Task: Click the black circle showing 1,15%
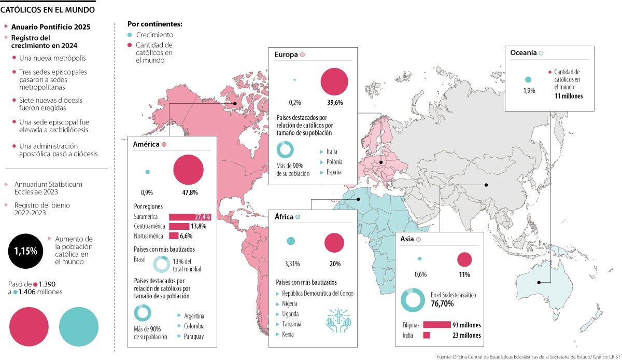click(26, 251)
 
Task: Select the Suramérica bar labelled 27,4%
click(189, 217)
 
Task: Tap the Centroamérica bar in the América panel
click(179, 226)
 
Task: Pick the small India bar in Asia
click(427, 335)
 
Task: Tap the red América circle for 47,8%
click(189, 169)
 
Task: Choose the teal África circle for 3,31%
click(291, 241)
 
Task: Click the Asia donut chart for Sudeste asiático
click(414, 299)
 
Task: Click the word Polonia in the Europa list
click(334, 162)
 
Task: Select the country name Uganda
click(291, 314)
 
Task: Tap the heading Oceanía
click(523, 53)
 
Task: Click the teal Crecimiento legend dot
click(130, 35)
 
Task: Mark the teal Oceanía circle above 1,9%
click(528, 80)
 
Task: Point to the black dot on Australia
click(540, 282)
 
